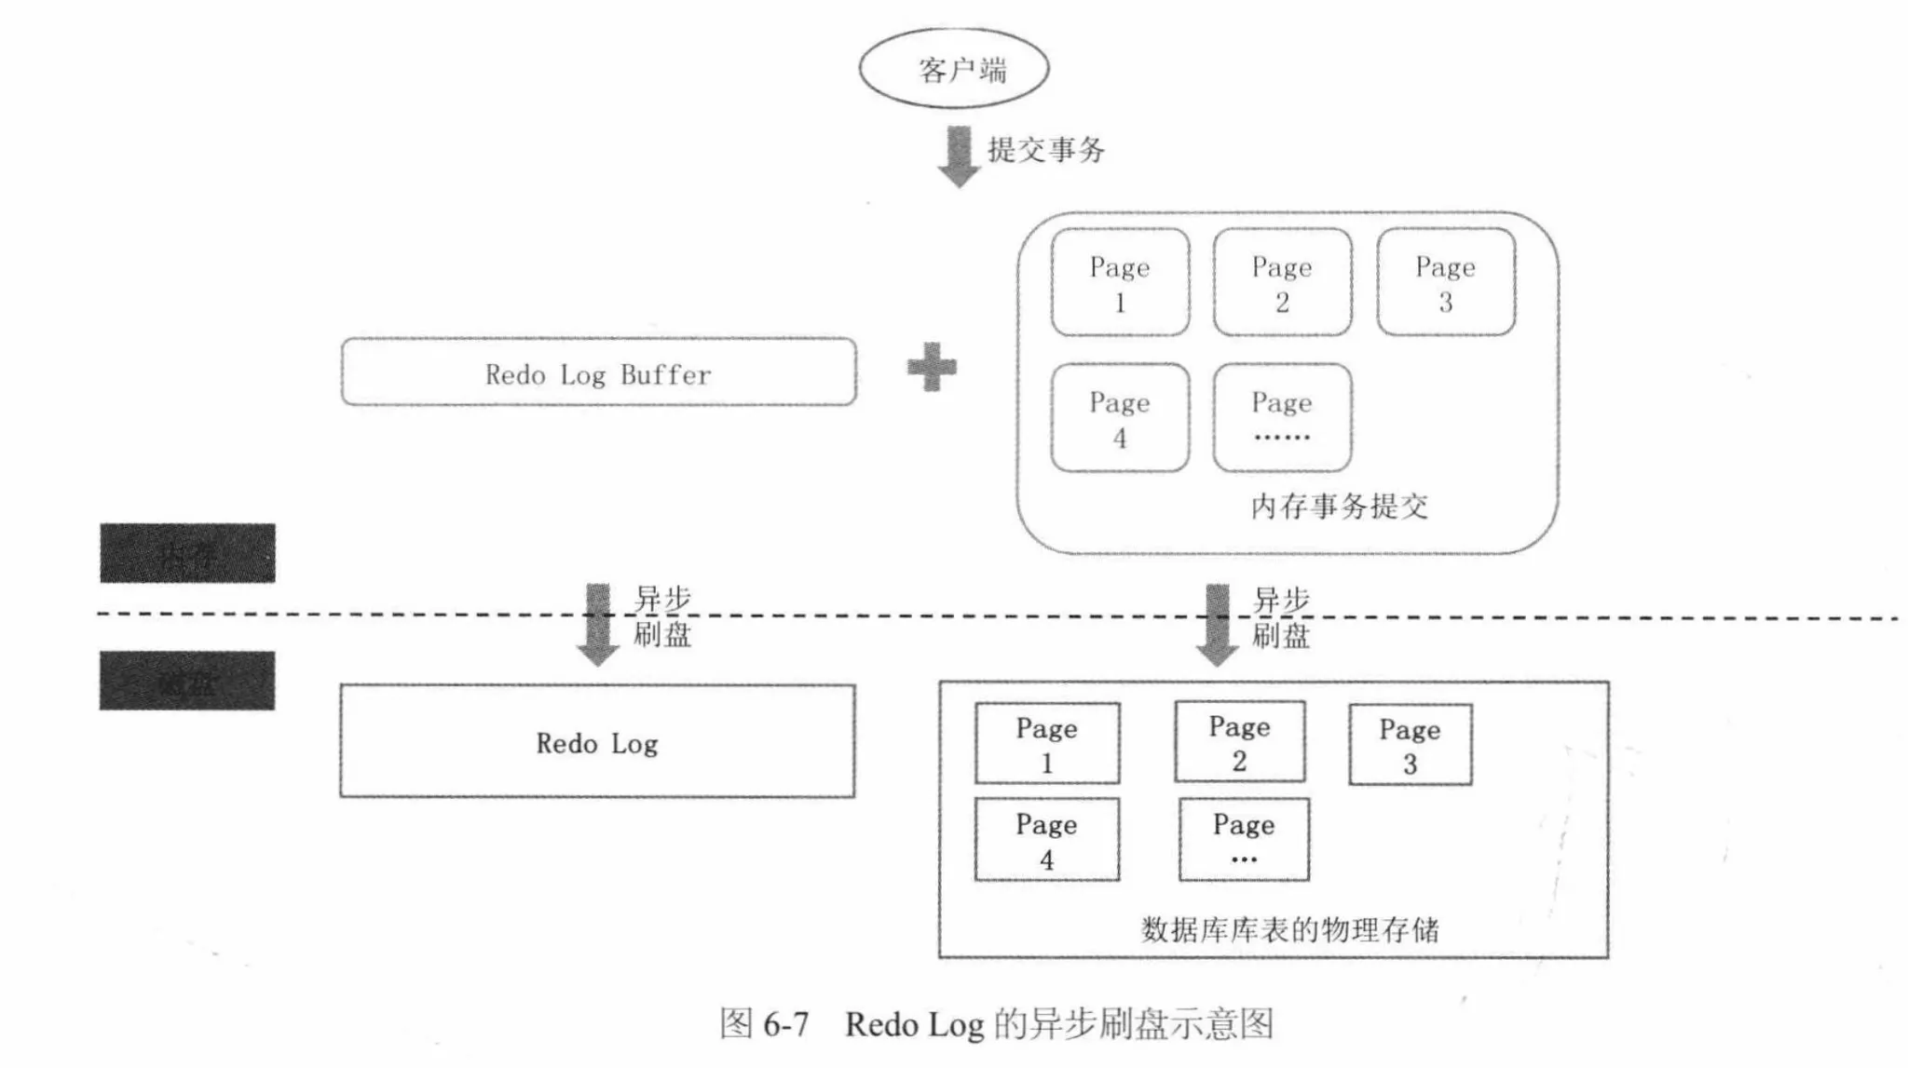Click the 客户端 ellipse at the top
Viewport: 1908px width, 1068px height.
pyautogui.click(x=953, y=69)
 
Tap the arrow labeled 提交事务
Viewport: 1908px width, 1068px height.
pyautogui.click(x=958, y=155)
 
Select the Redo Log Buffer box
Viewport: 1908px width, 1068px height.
pyautogui.click(x=598, y=372)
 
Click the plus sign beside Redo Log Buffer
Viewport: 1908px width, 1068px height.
pyautogui.click(x=932, y=367)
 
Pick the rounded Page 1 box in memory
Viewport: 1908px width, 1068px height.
pyautogui.click(x=1120, y=282)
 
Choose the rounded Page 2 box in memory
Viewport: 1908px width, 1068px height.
pyautogui.click(x=1282, y=282)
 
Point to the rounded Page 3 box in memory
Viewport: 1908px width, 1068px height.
pyautogui.click(x=1445, y=282)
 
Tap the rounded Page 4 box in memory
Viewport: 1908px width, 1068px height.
pyautogui.click(x=1120, y=418)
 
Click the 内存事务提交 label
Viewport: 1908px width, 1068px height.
pyautogui.click(x=1339, y=507)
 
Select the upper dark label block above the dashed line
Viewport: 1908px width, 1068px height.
pyautogui.click(x=187, y=553)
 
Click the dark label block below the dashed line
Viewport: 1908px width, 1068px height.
pyautogui.click(x=187, y=681)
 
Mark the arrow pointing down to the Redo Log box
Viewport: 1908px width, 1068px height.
pyautogui.click(x=597, y=625)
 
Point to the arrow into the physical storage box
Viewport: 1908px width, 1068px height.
pyautogui.click(x=1217, y=625)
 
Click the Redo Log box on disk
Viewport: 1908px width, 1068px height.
pyautogui.click(x=597, y=741)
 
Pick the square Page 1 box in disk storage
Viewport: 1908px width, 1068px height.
pyautogui.click(x=1047, y=743)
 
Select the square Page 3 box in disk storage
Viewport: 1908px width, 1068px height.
pyautogui.click(x=1410, y=745)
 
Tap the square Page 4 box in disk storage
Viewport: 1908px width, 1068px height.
pyautogui.click(x=1047, y=840)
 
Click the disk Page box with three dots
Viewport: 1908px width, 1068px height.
pyautogui.click(x=1244, y=840)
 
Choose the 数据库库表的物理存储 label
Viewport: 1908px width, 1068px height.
pyautogui.click(x=1289, y=929)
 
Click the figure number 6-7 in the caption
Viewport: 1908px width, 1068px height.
pyautogui.click(x=785, y=1025)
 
